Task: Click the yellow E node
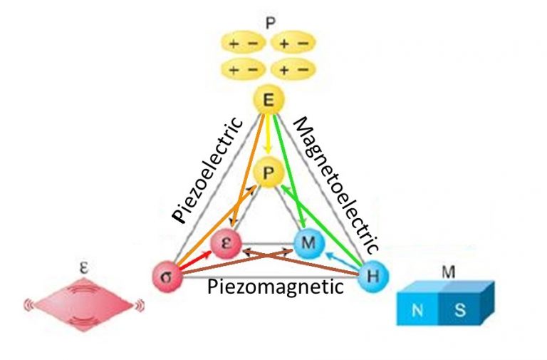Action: [x=268, y=100]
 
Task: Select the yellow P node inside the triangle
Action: [x=268, y=173]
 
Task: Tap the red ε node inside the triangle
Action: [x=226, y=243]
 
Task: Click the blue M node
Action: [x=308, y=242]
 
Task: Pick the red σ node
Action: [x=167, y=277]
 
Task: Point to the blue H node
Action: [x=373, y=276]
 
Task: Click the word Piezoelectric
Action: [x=208, y=170]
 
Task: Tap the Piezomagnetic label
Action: [x=276, y=287]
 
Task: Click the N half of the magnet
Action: [x=417, y=309]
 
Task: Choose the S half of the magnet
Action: [x=460, y=309]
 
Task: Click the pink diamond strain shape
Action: [x=84, y=304]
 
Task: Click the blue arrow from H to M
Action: [x=341, y=261]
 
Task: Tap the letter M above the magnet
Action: [x=448, y=272]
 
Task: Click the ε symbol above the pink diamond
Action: [x=84, y=268]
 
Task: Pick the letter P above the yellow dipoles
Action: [x=271, y=23]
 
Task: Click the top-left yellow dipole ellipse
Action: [x=243, y=43]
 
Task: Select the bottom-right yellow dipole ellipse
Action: [x=293, y=68]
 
